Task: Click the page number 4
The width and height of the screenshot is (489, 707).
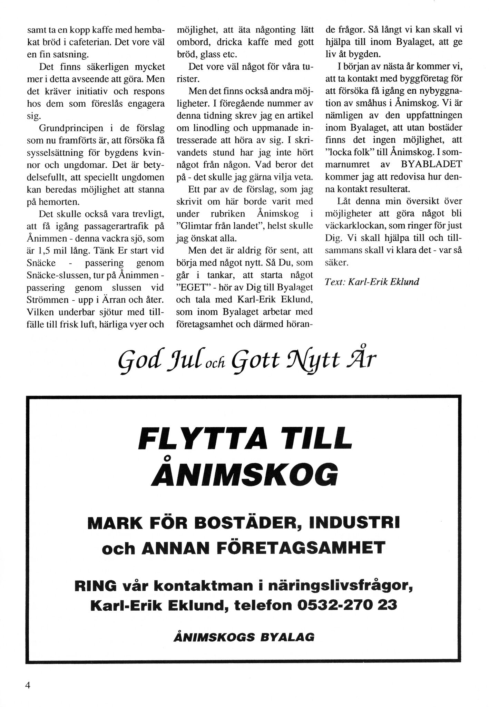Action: click(28, 685)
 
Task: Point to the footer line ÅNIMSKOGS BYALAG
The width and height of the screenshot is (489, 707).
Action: click(244, 637)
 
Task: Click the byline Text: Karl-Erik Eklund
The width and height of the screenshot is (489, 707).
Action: click(372, 282)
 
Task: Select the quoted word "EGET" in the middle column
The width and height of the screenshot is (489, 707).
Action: click(192, 288)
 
